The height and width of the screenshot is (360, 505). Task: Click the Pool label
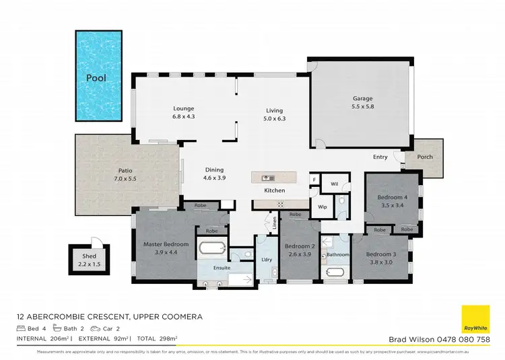click(96, 78)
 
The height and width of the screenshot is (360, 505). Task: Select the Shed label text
click(90, 256)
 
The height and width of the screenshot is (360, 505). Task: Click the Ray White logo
click(474, 318)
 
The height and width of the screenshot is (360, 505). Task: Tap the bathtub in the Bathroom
click(333, 273)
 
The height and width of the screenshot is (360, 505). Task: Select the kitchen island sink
click(267, 178)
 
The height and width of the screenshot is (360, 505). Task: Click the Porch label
click(425, 157)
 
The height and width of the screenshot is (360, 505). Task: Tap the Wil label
click(335, 182)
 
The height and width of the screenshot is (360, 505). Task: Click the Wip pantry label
click(322, 206)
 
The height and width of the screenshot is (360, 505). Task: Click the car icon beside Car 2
click(100, 328)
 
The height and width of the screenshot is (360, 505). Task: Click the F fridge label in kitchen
click(314, 180)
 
